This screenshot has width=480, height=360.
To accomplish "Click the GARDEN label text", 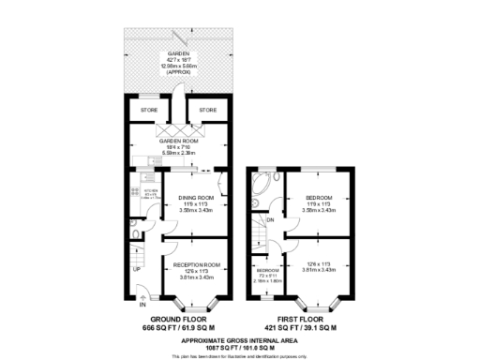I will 172,54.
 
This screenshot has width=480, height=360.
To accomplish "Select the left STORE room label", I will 149,111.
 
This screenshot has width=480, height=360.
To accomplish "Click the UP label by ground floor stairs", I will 136,269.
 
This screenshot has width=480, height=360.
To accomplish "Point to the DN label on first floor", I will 270,221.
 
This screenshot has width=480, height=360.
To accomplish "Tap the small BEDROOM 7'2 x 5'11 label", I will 269,272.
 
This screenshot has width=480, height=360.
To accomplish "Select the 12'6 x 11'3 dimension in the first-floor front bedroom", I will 318,265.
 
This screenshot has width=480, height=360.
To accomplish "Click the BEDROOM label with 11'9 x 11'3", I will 318,198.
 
